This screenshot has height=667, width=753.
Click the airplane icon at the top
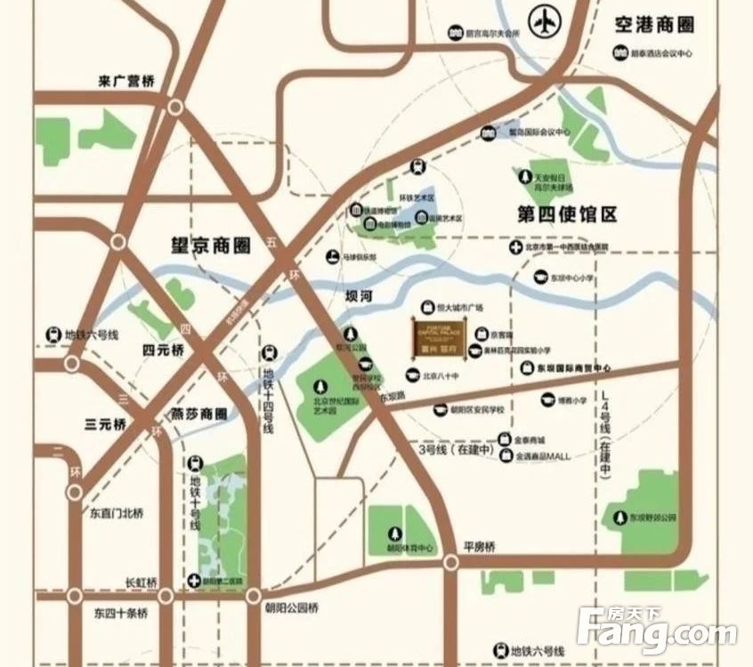tap(542, 21)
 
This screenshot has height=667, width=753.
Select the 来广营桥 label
tap(125, 82)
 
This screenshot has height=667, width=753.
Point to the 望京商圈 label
tap(211, 245)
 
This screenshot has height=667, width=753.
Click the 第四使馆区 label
tap(567, 214)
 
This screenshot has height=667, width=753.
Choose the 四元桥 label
tap(163, 350)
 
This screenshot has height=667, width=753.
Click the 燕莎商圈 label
tap(198, 414)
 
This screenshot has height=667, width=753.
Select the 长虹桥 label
tap(141, 583)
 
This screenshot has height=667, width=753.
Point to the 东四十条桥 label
tap(120, 614)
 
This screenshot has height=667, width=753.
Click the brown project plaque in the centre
tap(439, 335)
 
